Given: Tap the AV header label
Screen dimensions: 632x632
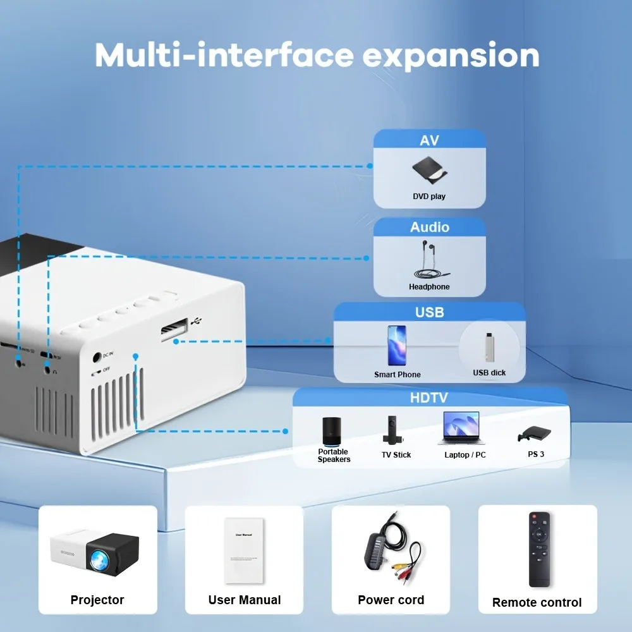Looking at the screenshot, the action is [429, 140].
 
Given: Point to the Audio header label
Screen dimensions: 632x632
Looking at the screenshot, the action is [430, 228].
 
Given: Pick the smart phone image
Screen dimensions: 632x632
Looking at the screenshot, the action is [397, 345].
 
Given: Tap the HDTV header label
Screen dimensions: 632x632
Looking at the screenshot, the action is [430, 398].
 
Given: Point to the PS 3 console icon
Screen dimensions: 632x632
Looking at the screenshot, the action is [535, 434].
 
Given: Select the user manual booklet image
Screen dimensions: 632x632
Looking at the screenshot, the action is [244, 550].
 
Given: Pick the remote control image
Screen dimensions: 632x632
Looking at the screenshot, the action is [539, 549].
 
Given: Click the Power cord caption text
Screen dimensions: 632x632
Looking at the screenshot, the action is [391, 600].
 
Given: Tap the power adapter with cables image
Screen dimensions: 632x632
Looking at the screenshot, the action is [390, 549].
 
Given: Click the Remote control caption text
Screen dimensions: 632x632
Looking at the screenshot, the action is [537, 603].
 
